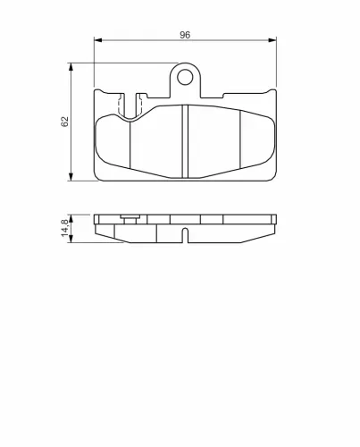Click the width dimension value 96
pyautogui.click(x=185, y=35)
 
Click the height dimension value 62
pyautogui.click(x=64, y=122)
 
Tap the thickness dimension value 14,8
pyautogui.click(x=64, y=228)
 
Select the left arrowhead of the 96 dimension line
pyautogui.click(x=98, y=40)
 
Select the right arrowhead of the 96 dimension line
pyautogui.click(x=272, y=40)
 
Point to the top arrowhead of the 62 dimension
pyautogui.click(x=71, y=67)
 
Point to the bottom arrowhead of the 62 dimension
pyautogui.click(x=71, y=176)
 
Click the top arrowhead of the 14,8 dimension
pyautogui.click(x=71, y=219)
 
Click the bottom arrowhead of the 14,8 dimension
pyautogui.click(x=71, y=239)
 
